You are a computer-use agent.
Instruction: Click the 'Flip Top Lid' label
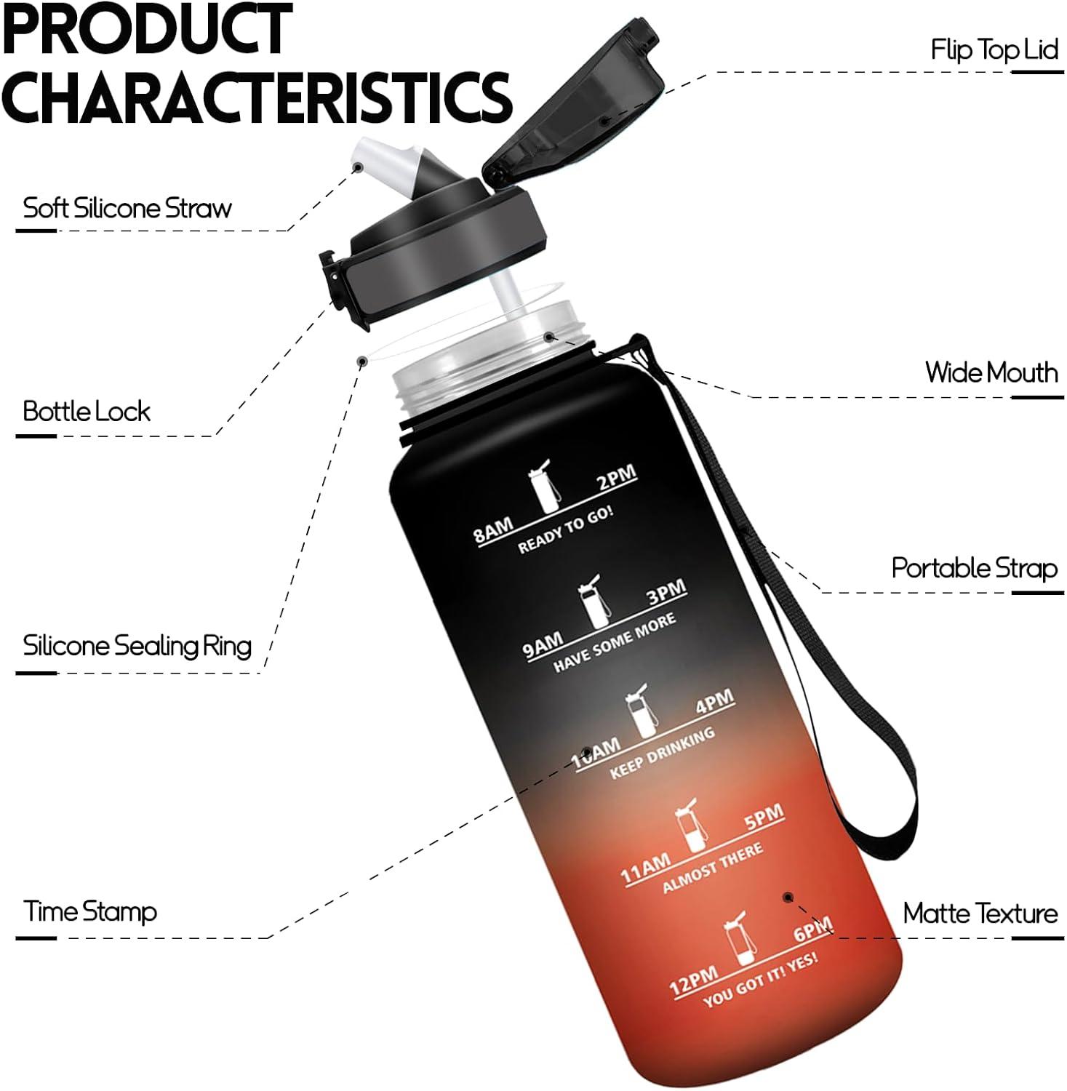coord(994,50)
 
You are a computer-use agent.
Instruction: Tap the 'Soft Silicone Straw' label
coord(127,208)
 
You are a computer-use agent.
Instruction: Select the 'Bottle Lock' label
coord(87,412)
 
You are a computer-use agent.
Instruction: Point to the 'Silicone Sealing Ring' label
coord(137,646)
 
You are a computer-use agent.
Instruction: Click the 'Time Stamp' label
coord(90,912)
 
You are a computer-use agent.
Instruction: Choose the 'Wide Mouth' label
coord(991,372)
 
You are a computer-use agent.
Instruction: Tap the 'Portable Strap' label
coord(975,568)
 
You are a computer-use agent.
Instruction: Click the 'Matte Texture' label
coord(980,914)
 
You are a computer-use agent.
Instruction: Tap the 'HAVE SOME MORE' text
coord(615,642)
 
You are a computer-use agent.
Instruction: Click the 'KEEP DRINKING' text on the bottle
coord(662,754)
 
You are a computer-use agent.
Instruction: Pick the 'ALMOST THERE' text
coord(713,868)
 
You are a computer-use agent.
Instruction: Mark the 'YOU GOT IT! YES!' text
coord(760,979)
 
